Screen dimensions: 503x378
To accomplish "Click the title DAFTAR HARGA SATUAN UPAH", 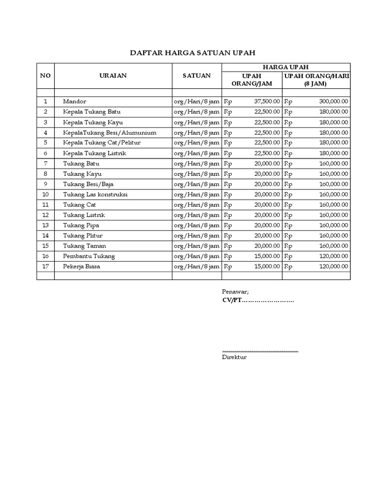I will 192,53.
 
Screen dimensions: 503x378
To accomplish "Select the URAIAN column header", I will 113,76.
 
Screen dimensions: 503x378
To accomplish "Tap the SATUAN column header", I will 196,76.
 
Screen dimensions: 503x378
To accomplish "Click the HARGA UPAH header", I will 286,67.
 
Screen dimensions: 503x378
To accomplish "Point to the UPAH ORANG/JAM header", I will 252,80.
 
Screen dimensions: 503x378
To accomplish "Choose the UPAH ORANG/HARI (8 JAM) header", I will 316,80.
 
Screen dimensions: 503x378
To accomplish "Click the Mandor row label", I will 74,101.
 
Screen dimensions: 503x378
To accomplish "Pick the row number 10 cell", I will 45,195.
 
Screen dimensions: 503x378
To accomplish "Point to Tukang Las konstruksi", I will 95,195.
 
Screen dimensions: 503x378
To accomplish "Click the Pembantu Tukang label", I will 84,256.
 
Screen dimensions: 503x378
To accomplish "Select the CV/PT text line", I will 258,300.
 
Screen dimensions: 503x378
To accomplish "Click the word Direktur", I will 234,357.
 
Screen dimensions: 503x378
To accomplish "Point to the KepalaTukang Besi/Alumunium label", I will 109,133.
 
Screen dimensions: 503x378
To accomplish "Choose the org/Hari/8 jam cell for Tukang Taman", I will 196,246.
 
